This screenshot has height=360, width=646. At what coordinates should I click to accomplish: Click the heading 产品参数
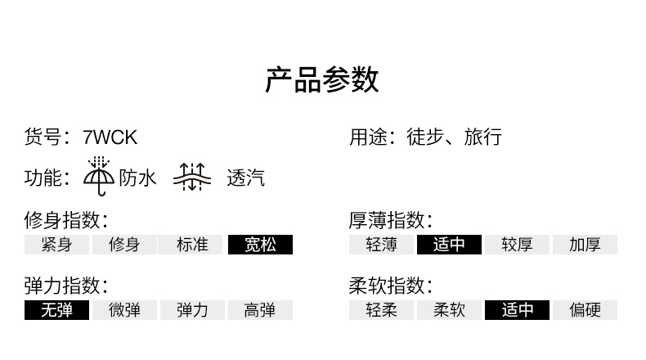tap(322, 80)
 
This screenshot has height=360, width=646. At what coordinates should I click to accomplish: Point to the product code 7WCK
tap(110, 137)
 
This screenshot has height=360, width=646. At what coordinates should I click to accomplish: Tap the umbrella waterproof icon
tap(100, 177)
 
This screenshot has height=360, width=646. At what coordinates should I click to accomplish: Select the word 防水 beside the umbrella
tap(137, 178)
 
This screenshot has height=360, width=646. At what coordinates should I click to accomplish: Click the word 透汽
tap(245, 178)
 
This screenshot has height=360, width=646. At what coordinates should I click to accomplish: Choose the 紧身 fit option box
tap(56, 245)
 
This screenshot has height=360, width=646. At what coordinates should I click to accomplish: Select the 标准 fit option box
tap(192, 245)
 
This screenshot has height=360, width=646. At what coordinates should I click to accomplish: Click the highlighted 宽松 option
tap(260, 245)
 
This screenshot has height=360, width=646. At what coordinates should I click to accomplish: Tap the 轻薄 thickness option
tap(381, 245)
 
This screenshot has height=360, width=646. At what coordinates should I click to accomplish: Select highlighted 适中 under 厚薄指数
tap(449, 245)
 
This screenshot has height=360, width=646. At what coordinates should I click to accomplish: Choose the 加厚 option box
tap(585, 245)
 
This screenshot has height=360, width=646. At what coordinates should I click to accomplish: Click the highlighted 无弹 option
tap(56, 310)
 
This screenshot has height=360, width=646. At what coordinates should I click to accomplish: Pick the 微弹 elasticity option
tap(124, 310)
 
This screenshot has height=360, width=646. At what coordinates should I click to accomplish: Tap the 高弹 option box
tap(260, 310)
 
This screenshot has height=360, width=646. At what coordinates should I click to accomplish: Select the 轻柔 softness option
tap(381, 310)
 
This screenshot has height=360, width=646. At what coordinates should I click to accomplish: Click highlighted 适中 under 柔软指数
tap(517, 310)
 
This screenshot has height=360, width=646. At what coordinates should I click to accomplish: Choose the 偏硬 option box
tap(585, 310)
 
